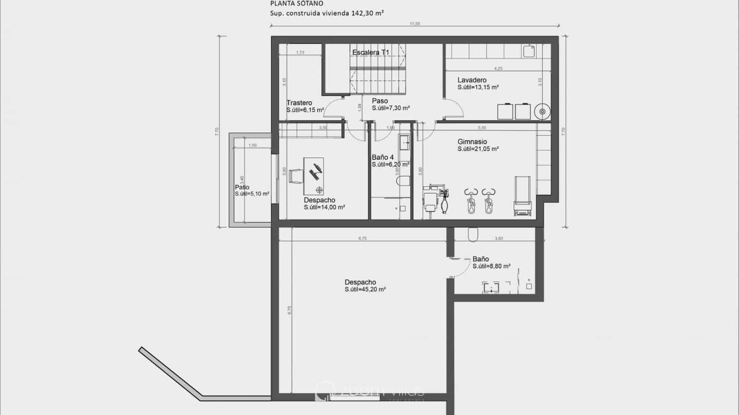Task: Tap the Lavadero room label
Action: pyautogui.click(x=472, y=80)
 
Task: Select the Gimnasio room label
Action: pyautogui.click(x=472, y=142)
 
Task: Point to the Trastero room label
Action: pyautogui.click(x=299, y=103)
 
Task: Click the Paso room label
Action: pyautogui.click(x=380, y=101)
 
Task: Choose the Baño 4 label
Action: pyautogui.click(x=382, y=157)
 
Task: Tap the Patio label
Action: pyautogui.click(x=242, y=187)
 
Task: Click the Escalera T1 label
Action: pyautogui.click(x=371, y=53)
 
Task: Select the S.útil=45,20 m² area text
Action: pyautogui.click(x=365, y=290)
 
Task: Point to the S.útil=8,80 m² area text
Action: pyautogui.click(x=491, y=266)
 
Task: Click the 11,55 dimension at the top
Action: pyautogui.click(x=414, y=24)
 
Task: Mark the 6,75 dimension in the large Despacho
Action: pyautogui.click(x=362, y=238)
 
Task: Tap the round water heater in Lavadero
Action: pyautogui.click(x=542, y=112)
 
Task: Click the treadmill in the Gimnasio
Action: pyautogui.click(x=522, y=196)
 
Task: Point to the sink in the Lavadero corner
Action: pyautogui.click(x=528, y=51)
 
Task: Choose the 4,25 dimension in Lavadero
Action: pyautogui.click(x=498, y=68)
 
